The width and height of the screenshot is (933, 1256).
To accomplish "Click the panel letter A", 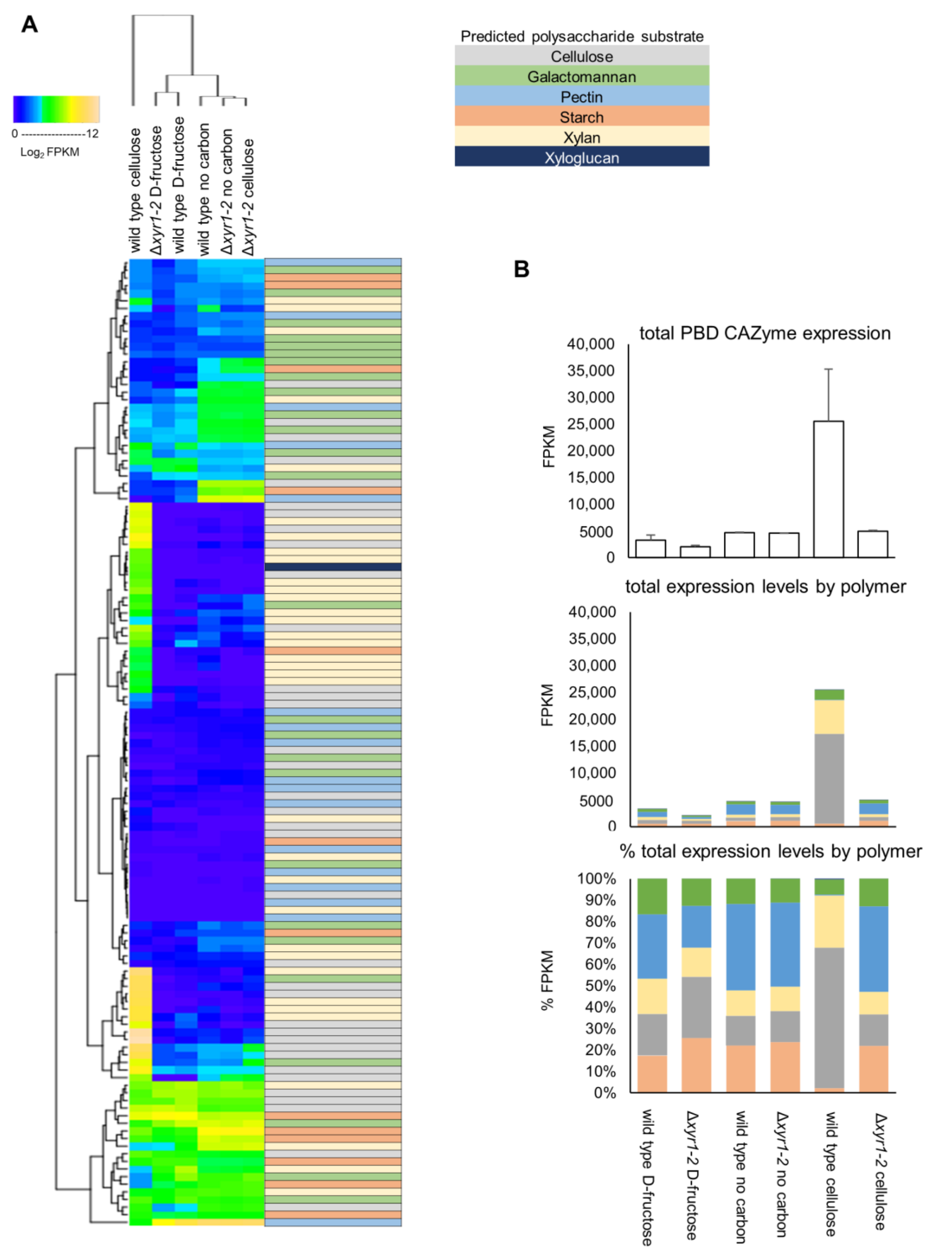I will tap(29, 25).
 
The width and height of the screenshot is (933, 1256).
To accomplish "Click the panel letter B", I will tap(521, 269).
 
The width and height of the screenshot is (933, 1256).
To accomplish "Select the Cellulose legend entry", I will tap(582, 56).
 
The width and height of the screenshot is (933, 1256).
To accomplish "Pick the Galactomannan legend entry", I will tap(582, 77).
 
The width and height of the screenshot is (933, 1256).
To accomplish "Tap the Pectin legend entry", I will tap(582, 97).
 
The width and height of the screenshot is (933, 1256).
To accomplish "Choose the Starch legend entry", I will tap(582, 118).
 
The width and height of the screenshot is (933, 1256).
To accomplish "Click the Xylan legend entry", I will tap(582, 138).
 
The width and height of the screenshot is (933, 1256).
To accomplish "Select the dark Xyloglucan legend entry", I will tap(582, 158).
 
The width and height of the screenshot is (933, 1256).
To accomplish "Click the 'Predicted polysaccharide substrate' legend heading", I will tap(582, 37).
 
